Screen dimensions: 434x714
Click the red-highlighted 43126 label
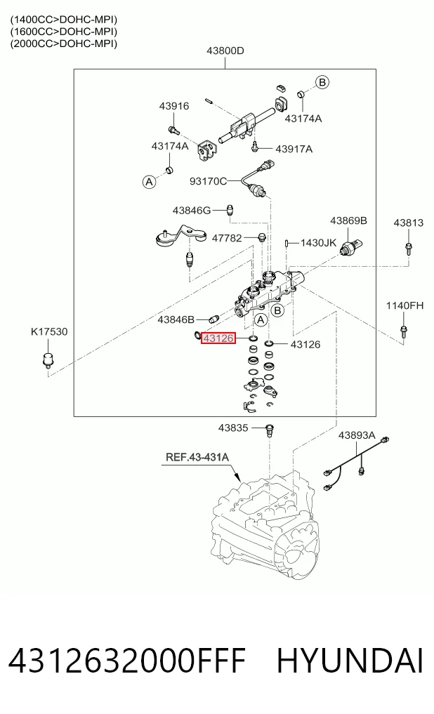[x=218, y=338]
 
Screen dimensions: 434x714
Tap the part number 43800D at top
[x=225, y=51]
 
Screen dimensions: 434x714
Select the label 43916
[x=174, y=105]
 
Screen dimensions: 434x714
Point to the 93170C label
[x=208, y=181]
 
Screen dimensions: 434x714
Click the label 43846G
[x=192, y=211]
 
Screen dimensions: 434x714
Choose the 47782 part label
[x=227, y=238]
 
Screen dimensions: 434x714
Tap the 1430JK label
[x=318, y=243]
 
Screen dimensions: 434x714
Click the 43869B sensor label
[x=348, y=220]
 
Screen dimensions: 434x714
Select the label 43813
[x=409, y=223]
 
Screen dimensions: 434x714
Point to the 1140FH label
[x=405, y=305]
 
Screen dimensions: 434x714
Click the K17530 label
[x=49, y=331]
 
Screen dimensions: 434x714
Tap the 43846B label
[x=176, y=319]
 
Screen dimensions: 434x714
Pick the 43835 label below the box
[x=233, y=428]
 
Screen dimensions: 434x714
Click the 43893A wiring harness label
[x=357, y=435]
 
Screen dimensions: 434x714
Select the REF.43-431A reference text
[x=197, y=457]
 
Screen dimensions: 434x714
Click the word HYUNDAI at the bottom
[x=350, y=661]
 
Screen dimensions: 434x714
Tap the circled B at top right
[x=322, y=82]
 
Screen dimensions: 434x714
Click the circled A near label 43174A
[x=149, y=182]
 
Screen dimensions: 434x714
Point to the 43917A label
[x=294, y=149]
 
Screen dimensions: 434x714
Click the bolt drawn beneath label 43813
[x=409, y=249]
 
